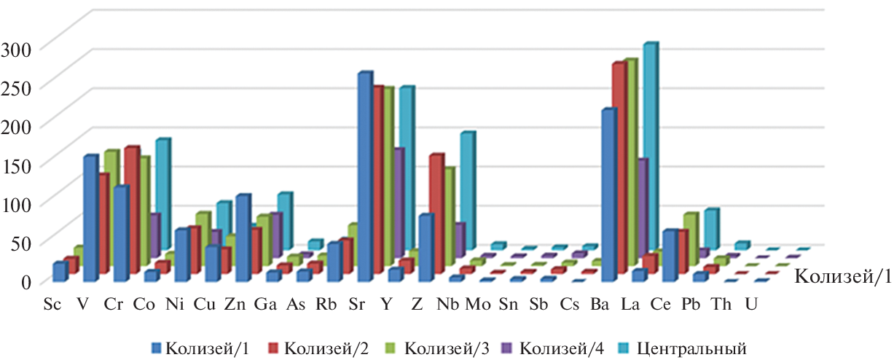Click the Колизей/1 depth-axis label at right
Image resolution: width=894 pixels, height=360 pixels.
841,276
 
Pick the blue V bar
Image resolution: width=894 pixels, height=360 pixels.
90,219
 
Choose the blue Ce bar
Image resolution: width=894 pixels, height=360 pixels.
669,256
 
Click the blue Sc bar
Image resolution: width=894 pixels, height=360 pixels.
60,272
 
